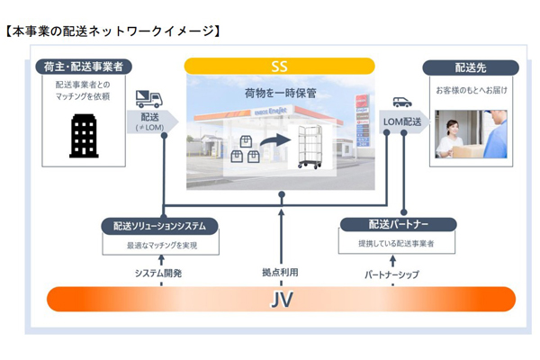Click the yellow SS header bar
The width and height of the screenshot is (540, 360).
[280, 66]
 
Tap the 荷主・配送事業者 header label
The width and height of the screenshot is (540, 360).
[83, 67]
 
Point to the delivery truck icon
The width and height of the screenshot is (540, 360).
[148, 99]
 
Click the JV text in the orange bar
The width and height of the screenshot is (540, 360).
[281, 299]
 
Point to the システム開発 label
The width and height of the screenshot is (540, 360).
[158, 272]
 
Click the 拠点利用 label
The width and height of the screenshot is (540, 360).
[279, 272]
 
